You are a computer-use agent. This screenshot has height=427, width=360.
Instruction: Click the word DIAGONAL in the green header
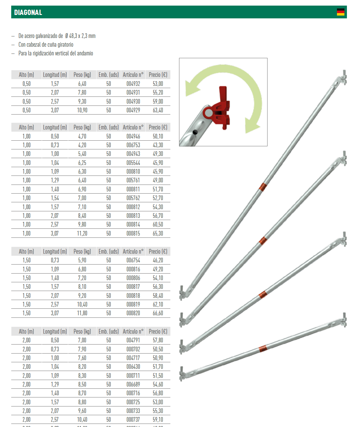click(28, 12)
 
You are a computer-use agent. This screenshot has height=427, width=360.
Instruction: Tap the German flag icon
click(340, 12)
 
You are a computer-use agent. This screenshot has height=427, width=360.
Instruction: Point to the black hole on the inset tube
click(195, 132)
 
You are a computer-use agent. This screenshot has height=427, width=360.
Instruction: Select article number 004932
click(133, 84)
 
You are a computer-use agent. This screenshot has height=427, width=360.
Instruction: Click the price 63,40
click(158, 110)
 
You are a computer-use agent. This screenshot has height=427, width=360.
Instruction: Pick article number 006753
click(133, 145)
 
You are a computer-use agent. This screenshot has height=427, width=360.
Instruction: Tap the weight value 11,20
click(82, 233)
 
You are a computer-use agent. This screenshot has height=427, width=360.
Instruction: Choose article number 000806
click(133, 278)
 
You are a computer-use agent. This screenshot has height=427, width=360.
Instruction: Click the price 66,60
click(158, 313)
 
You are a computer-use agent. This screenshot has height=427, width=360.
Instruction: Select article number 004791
click(133, 340)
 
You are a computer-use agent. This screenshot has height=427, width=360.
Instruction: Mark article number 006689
click(133, 384)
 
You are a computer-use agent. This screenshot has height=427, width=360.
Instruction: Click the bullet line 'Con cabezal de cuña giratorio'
click(46, 45)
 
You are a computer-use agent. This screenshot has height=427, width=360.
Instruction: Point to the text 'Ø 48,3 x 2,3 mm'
click(80, 36)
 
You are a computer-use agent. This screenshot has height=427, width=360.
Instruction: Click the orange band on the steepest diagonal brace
click(263, 187)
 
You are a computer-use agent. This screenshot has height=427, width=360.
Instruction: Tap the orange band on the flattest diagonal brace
click(263, 349)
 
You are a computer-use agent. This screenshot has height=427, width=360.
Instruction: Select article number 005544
click(133, 163)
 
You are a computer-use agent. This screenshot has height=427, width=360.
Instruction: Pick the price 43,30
click(158, 145)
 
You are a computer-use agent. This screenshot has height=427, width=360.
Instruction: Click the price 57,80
click(158, 340)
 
